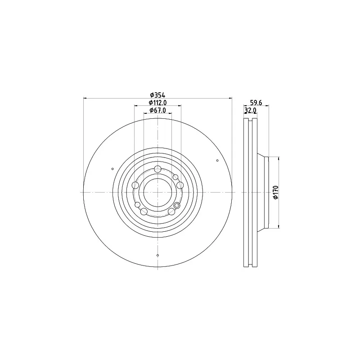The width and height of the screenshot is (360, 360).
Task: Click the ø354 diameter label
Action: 157,95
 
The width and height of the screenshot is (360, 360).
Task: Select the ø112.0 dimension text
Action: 157,103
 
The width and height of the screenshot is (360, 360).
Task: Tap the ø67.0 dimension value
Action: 157,110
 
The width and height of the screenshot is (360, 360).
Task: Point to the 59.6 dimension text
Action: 256,103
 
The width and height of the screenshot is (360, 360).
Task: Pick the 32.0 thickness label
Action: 250,110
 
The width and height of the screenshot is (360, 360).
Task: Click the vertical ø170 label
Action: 275,193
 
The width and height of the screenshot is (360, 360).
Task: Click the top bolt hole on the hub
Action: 157,169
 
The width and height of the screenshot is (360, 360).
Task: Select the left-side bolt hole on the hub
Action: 136,185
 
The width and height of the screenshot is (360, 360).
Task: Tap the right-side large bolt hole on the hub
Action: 180,185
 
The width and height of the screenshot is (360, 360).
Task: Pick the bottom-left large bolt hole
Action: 144,211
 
